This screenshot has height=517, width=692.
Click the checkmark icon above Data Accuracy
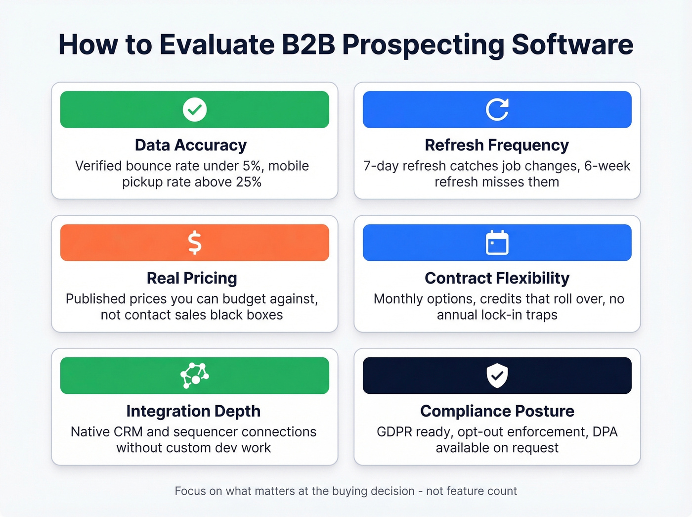[195, 109]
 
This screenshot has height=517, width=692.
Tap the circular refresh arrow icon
[497, 109]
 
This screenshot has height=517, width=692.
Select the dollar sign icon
[195, 242]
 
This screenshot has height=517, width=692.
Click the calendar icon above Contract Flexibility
[497, 242]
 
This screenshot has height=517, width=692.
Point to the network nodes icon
[195, 376]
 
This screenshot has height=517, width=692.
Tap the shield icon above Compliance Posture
[497, 376]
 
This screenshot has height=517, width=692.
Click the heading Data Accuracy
[191, 145]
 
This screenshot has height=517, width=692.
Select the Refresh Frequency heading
[497, 145]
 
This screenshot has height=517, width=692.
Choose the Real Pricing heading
[192, 278]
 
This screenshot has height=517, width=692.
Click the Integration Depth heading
[193, 411]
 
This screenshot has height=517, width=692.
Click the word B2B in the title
[308, 45]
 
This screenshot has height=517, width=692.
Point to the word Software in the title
[572, 45]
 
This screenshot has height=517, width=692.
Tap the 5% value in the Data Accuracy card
[252, 166]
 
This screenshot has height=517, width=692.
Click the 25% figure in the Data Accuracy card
[249, 182]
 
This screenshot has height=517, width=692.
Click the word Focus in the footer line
[190, 491]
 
